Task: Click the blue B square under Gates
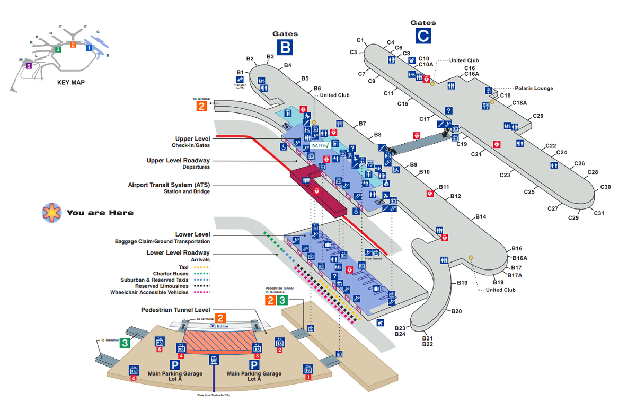click(285, 47)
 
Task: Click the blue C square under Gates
click(423, 36)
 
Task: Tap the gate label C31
click(599, 213)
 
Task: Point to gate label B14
click(481, 217)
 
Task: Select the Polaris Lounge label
click(534, 89)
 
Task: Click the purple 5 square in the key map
click(29, 66)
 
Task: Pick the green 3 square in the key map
click(57, 49)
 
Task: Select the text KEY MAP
click(71, 83)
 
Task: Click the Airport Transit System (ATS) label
click(169, 185)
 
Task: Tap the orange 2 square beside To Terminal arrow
click(201, 106)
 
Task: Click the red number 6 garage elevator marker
click(134, 378)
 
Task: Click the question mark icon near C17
click(448, 110)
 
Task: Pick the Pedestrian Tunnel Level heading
click(175, 310)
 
